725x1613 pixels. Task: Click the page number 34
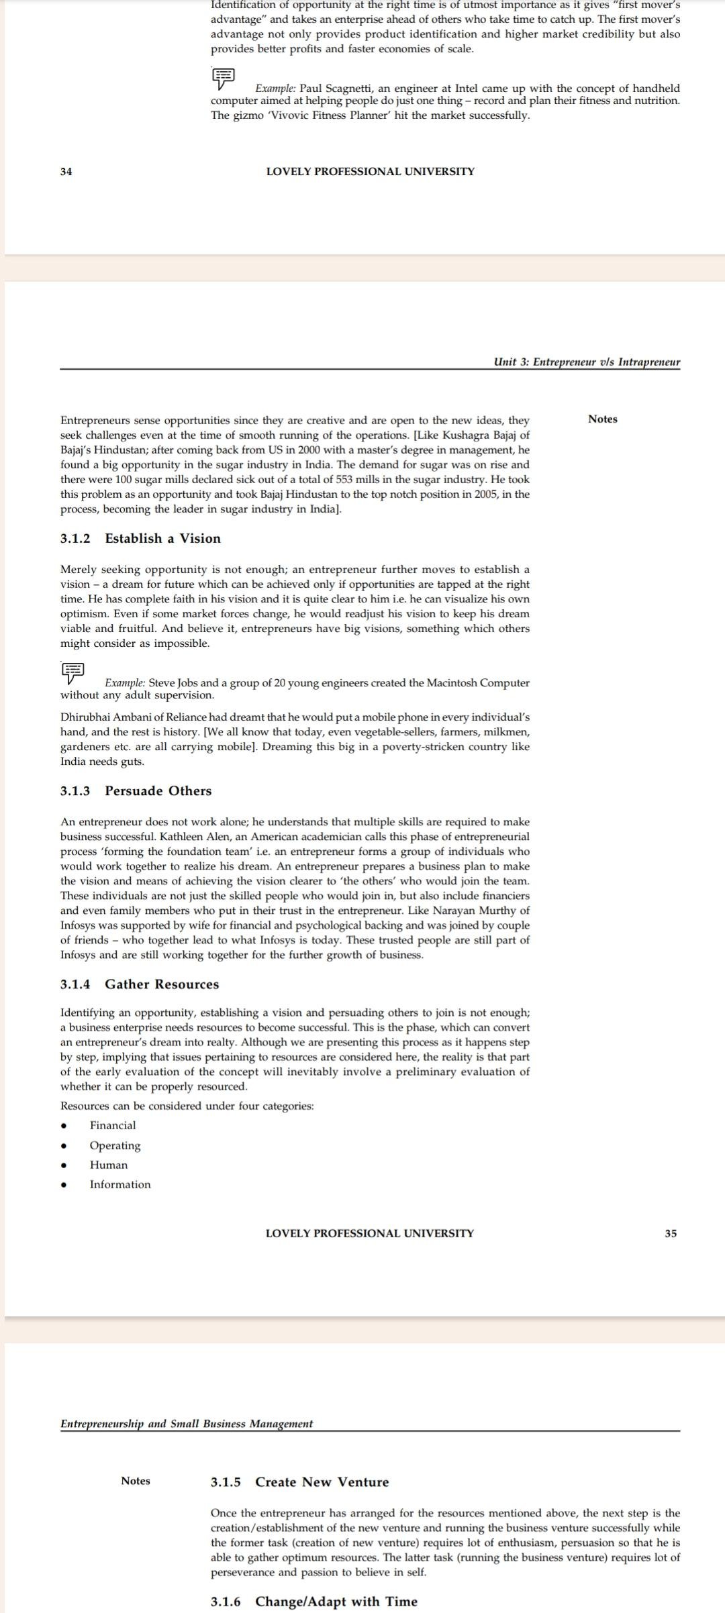point(66,172)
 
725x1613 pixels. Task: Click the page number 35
point(671,1233)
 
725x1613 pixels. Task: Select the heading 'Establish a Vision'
point(162,538)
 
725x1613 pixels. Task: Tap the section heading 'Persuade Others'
point(158,790)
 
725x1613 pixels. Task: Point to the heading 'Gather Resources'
point(162,984)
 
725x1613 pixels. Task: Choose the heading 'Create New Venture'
point(322,1481)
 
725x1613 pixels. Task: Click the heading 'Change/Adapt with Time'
point(336,1601)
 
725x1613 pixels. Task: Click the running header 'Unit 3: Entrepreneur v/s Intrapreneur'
point(587,362)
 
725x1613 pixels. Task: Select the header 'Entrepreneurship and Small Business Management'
point(187,1423)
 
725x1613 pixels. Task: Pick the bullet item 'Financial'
point(113,1125)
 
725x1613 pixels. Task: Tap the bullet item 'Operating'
point(115,1145)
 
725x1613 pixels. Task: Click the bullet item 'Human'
point(109,1165)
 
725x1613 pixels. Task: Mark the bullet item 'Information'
point(120,1184)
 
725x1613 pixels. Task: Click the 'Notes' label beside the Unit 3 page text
point(602,419)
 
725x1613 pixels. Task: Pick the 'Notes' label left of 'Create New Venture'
point(136,1481)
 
